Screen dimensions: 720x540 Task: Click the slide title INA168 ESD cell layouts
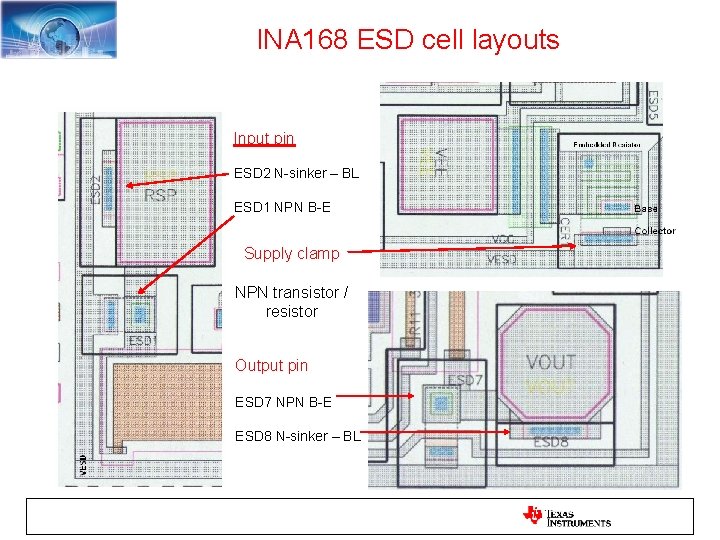coord(408,40)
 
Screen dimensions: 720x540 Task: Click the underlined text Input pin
coord(264,138)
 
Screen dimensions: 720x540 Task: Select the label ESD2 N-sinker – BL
coord(296,173)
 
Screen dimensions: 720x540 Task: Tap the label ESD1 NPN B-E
coord(282,207)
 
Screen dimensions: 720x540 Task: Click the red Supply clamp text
coord(291,253)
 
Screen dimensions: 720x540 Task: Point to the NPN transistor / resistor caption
coord(291,302)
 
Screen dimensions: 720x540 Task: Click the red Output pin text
coord(271,365)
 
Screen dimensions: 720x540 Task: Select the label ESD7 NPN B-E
coord(283,401)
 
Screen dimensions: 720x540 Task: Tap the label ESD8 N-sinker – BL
coord(297,435)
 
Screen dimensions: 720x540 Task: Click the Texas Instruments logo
coord(567,516)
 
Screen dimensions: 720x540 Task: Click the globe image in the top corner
coord(58,29)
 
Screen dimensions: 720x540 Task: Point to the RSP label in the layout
coord(160,195)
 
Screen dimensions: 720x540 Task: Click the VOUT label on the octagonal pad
coord(550,362)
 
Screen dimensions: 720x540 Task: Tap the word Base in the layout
coord(646,208)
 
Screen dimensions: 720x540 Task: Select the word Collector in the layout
coord(655,231)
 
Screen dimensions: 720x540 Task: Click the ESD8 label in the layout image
coord(551,443)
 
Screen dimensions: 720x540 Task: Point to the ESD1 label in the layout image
coord(142,340)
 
